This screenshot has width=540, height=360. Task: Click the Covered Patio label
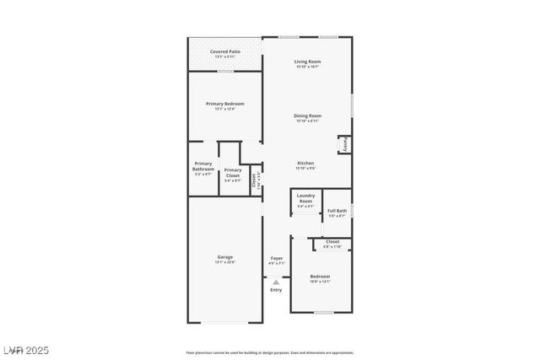click(x=224, y=51)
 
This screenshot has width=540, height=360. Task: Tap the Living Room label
click(x=307, y=62)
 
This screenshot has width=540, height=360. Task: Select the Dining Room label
click(x=307, y=116)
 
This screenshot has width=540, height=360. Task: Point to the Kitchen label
click(x=305, y=163)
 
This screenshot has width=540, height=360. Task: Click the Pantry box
click(x=343, y=144)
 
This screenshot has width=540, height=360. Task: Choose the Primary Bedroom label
click(x=224, y=104)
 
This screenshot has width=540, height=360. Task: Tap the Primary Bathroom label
click(x=203, y=166)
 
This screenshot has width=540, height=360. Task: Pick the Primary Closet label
click(x=232, y=173)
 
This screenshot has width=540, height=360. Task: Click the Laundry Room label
click(x=305, y=198)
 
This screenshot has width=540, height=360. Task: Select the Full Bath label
click(x=337, y=211)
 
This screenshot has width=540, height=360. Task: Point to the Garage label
click(x=224, y=256)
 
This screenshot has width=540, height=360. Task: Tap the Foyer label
click(x=276, y=257)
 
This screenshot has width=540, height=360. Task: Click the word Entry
click(x=276, y=290)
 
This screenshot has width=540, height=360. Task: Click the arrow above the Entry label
click(x=276, y=282)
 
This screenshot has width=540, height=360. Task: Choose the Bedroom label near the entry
click(x=320, y=277)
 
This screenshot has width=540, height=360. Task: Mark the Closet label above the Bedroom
click(x=332, y=242)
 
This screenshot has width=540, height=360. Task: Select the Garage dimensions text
click(x=224, y=261)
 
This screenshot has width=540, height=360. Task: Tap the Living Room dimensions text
click(x=307, y=67)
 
